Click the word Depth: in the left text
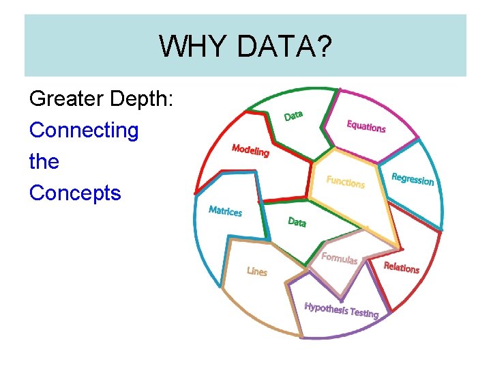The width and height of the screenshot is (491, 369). pos(147,99)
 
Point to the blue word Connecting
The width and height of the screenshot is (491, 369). pos(84,130)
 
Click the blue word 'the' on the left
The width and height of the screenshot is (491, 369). pos(44,161)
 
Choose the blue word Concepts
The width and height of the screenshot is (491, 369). pos(75,193)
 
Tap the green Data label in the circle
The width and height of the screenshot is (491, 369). pos(293,115)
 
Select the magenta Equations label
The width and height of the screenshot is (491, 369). pos(366,126)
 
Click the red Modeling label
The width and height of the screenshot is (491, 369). pos(250,150)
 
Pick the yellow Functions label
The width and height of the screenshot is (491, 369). pos(345,182)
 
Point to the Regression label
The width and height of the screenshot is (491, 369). pos(413,179)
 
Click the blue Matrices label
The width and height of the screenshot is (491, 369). pos(225,210)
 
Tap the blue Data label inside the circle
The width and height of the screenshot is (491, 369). pos(297,222)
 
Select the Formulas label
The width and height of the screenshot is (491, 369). pos(339,258)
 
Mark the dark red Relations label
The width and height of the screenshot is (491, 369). pos(401,267)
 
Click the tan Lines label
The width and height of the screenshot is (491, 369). pos(257,271)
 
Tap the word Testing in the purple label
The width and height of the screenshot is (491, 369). pos(364,313)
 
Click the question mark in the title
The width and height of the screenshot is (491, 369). pos(325,46)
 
